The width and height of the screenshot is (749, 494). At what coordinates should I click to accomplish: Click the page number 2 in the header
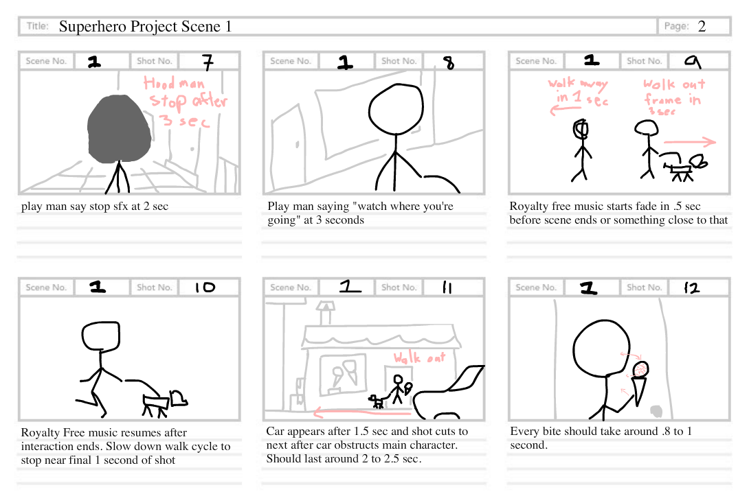pos(702,27)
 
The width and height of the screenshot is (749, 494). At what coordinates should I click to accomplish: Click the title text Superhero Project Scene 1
pos(145,27)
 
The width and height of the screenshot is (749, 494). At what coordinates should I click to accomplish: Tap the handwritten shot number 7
pos(208,62)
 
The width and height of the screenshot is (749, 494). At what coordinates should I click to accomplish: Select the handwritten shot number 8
pos(449,63)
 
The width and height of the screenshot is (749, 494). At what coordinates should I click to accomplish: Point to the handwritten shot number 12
pos(691,288)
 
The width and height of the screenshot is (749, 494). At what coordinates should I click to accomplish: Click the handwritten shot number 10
pos(205,288)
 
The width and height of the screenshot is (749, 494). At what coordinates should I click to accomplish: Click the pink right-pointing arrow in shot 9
pos(689,143)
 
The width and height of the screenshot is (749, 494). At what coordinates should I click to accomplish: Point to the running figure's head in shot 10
pos(102,336)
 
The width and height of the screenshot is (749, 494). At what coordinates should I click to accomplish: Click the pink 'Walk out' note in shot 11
pos(419,357)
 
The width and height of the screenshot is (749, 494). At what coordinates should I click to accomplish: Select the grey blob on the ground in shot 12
pos(656,411)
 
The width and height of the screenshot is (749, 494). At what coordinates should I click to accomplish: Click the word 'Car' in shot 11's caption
pos(276,432)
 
